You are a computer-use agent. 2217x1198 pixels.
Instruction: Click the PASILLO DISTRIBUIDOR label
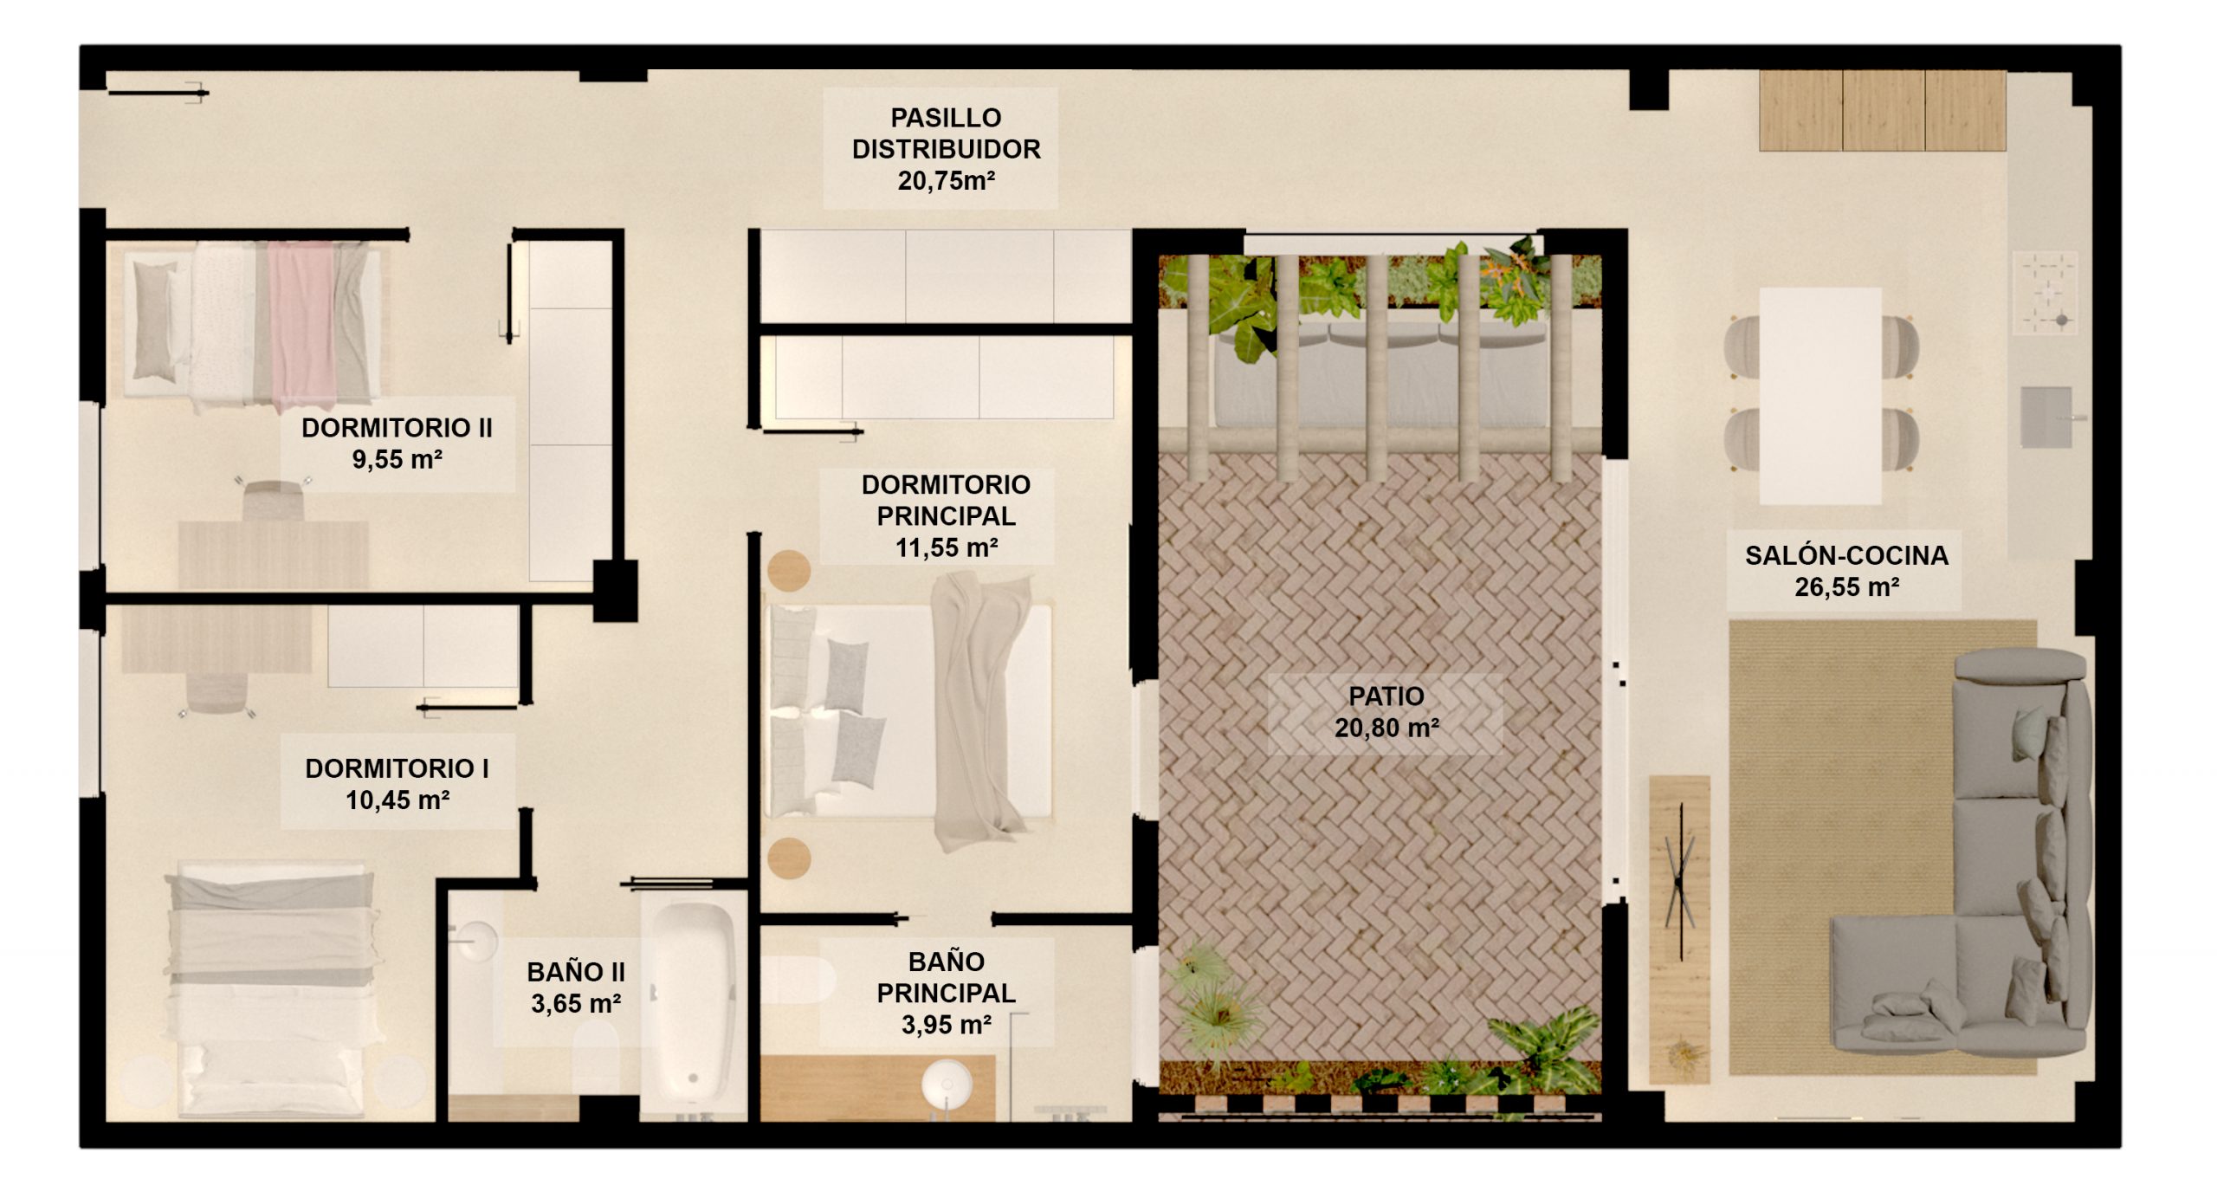(x=946, y=133)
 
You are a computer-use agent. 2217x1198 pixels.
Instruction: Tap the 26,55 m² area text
(x=1846, y=587)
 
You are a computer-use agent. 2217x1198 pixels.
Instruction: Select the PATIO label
(x=1386, y=696)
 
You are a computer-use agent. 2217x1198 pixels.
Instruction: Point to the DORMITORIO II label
(x=397, y=427)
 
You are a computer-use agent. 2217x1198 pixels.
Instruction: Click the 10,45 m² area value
(x=398, y=800)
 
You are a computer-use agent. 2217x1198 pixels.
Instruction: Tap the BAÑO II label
(x=576, y=972)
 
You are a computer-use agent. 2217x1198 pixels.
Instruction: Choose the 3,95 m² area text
(x=946, y=1025)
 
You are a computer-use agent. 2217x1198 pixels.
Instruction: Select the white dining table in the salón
(x=1820, y=396)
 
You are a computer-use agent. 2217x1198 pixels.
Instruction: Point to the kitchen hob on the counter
(x=2046, y=293)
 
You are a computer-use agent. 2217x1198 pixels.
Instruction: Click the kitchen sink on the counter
(x=2046, y=417)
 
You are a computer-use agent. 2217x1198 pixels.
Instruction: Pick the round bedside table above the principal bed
(x=789, y=571)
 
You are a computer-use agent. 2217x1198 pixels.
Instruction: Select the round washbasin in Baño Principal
(x=946, y=1084)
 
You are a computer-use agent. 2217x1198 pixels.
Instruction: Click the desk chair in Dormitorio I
(x=217, y=692)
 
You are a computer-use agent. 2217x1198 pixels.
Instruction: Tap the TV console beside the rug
(x=1679, y=929)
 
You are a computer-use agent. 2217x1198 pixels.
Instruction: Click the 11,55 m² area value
(x=946, y=547)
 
